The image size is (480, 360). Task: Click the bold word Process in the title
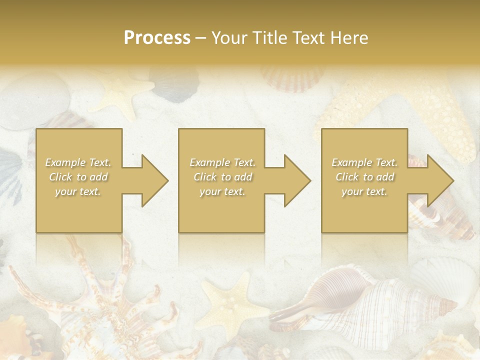(157, 38)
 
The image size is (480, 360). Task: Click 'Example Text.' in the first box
(78, 162)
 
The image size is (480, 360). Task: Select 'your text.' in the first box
(78, 191)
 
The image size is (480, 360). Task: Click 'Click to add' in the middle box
(222, 177)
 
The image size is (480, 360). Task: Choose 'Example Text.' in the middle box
(222, 162)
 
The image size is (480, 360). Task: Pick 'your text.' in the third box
(364, 191)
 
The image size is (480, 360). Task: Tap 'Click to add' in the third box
(364, 177)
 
